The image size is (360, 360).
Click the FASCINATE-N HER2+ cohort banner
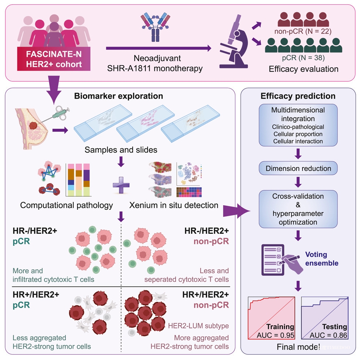[54, 59]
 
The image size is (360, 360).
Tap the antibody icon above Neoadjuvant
[155, 27]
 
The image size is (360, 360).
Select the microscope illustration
[234, 41]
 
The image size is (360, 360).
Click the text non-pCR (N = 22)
[303, 31]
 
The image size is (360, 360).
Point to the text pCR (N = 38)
[303, 57]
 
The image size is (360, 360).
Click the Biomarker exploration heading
[119, 96]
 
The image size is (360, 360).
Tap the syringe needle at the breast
[46, 119]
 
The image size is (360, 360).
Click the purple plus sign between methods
[121, 185]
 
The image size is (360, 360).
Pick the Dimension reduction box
[298, 168]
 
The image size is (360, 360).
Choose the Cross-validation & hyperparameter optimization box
[298, 209]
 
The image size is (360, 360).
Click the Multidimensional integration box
[298, 125]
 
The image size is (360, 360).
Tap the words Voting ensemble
[322, 259]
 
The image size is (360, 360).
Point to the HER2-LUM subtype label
[198, 326]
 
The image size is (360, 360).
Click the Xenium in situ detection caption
[174, 205]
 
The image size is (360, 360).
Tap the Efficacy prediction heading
[298, 96]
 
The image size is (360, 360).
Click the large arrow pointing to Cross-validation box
[236, 211]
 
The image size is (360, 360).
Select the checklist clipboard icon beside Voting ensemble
[273, 260]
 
